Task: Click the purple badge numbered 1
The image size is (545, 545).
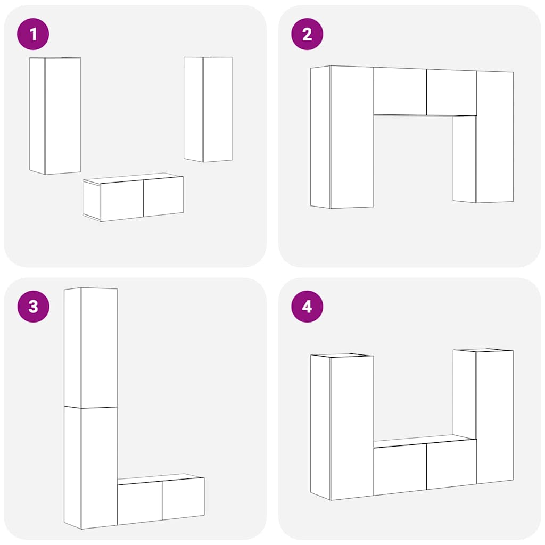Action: coord(33,34)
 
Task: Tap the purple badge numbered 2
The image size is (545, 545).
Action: coord(307,34)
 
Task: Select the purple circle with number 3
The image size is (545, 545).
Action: coord(33,307)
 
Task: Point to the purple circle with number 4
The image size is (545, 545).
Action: coord(307,307)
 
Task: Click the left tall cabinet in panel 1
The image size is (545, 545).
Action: coord(55,115)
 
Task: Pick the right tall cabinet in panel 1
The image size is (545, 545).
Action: coord(208,109)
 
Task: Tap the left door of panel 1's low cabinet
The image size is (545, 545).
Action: coord(122,200)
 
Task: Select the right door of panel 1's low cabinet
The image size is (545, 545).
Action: coord(163,196)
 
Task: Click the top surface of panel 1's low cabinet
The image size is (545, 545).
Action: coord(134,177)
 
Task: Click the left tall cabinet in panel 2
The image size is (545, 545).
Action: coord(342,137)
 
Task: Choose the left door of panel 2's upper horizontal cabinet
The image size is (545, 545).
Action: coord(400,91)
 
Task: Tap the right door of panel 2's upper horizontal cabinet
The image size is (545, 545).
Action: coord(451,93)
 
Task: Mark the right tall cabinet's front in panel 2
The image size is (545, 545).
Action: coord(495,137)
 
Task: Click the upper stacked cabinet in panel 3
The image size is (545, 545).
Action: coord(90,348)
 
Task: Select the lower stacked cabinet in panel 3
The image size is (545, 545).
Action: coord(90,467)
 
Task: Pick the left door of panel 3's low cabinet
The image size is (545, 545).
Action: coord(140,503)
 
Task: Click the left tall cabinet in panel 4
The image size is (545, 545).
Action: coord(342,427)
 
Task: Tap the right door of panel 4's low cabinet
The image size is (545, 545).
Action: coord(451,464)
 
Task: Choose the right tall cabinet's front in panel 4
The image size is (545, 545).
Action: coord(495,417)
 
